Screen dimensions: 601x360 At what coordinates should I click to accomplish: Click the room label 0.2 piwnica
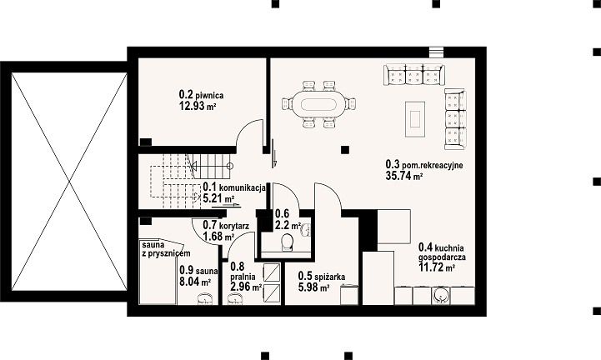[201, 94]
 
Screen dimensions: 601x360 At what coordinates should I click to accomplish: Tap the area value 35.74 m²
[404, 176]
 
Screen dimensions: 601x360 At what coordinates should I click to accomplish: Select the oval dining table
[318, 104]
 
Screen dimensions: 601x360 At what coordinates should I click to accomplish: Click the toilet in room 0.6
[287, 242]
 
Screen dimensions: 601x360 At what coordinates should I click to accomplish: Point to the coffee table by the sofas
[415, 119]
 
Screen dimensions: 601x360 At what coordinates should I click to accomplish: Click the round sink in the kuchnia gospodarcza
[441, 296]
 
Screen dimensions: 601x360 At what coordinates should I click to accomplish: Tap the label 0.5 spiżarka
[322, 276]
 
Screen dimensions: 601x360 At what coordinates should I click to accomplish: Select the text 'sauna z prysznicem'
[166, 249]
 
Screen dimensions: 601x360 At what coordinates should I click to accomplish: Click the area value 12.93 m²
[198, 106]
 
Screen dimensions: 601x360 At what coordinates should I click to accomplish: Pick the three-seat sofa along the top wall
[414, 74]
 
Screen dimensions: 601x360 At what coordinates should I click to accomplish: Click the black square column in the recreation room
[345, 150]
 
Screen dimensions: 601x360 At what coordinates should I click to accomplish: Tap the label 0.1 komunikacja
[234, 187]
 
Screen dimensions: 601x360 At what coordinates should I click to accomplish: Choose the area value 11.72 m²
[437, 267]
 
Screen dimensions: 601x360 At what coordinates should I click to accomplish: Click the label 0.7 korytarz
[226, 226]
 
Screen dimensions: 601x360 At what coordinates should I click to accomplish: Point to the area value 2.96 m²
[246, 287]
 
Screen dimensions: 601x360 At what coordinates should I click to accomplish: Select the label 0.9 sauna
[198, 271]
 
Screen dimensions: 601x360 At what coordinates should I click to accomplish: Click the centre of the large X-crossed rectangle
[69, 182]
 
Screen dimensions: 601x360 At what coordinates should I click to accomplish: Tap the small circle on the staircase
[229, 166]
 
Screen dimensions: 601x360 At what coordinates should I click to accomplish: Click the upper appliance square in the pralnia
[272, 272]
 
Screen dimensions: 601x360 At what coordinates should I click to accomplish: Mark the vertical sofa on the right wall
[455, 119]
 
